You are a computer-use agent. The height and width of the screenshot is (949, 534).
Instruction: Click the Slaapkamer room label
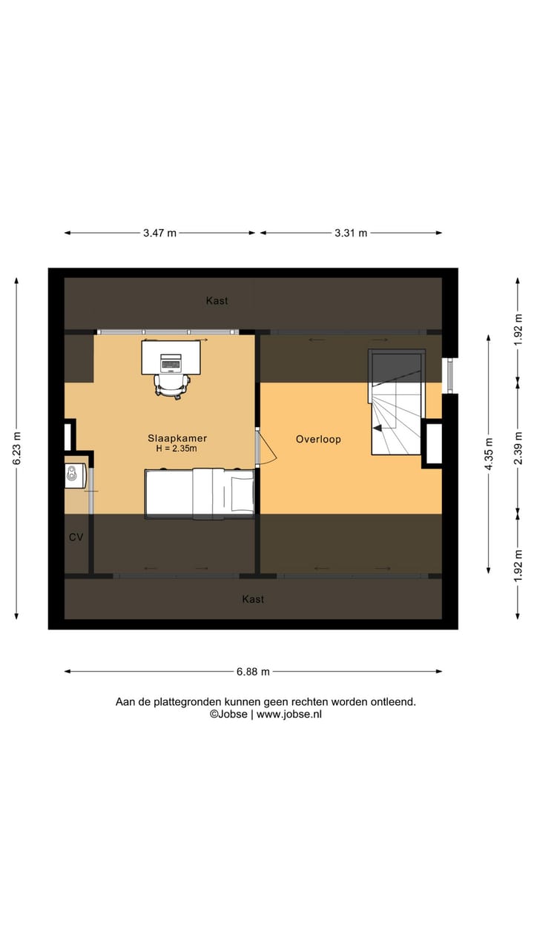(177, 438)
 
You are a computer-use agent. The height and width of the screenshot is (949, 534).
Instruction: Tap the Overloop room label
(318, 439)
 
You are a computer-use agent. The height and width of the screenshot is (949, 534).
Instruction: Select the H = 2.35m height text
(177, 449)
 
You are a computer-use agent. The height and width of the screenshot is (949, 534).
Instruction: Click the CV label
(76, 537)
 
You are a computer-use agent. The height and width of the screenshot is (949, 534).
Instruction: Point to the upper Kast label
(217, 300)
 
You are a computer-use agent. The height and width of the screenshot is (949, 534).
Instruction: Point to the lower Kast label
(253, 598)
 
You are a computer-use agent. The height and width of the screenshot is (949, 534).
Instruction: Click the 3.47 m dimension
(159, 233)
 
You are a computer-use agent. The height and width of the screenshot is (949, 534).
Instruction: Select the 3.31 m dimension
(350, 233)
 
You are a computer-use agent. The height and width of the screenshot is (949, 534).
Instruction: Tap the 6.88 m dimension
(253, 672)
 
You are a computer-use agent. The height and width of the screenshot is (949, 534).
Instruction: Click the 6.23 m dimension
(16, 449)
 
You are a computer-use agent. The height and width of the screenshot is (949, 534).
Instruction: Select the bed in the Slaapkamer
(199, 492)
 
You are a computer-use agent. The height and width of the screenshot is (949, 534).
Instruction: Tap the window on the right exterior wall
(447, 376)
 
